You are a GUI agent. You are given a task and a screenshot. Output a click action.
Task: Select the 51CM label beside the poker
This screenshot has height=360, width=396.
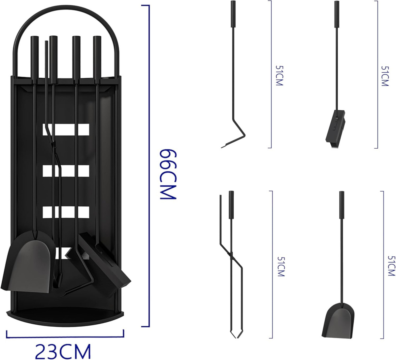point(279,76)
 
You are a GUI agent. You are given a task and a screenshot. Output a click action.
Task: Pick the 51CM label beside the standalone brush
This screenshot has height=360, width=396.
point(385,76)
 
